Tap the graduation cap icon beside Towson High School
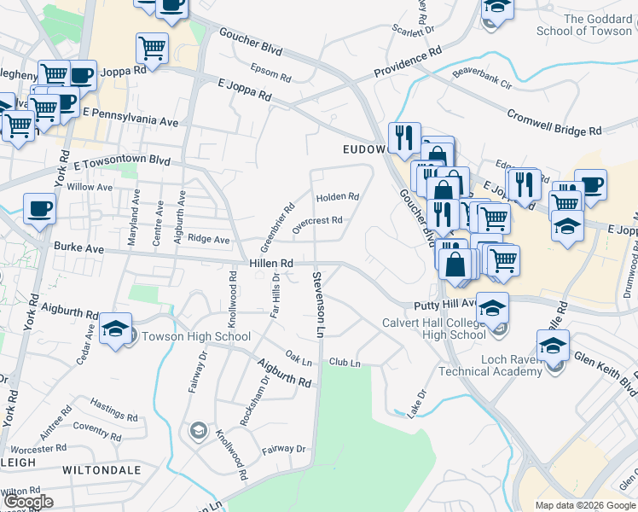point(115,329)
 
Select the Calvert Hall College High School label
point(433,329)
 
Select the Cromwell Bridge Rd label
point(554,123)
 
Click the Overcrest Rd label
point(316,224)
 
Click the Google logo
point(27,502)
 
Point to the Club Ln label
point(345,364)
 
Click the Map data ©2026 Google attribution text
point(583,505)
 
